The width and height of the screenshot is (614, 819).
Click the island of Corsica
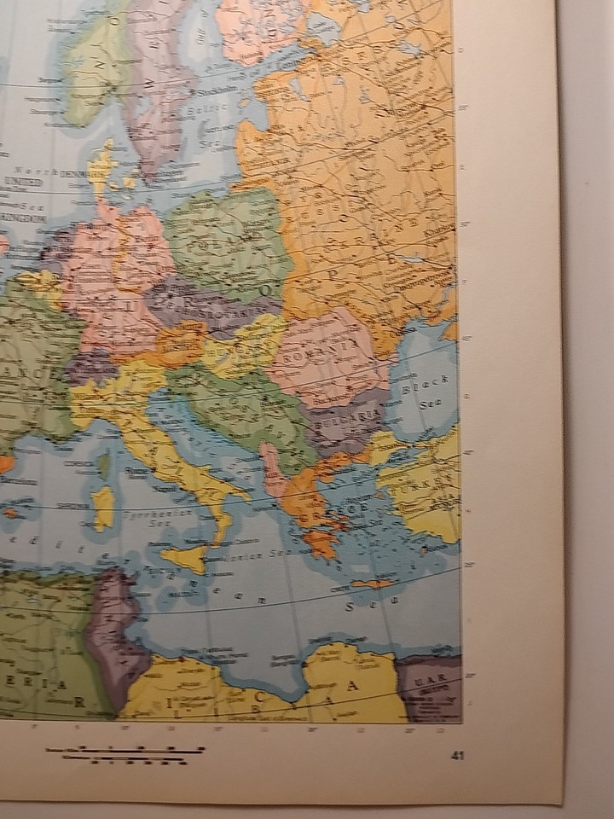point(103,465)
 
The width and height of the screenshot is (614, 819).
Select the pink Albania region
point(272,468)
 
